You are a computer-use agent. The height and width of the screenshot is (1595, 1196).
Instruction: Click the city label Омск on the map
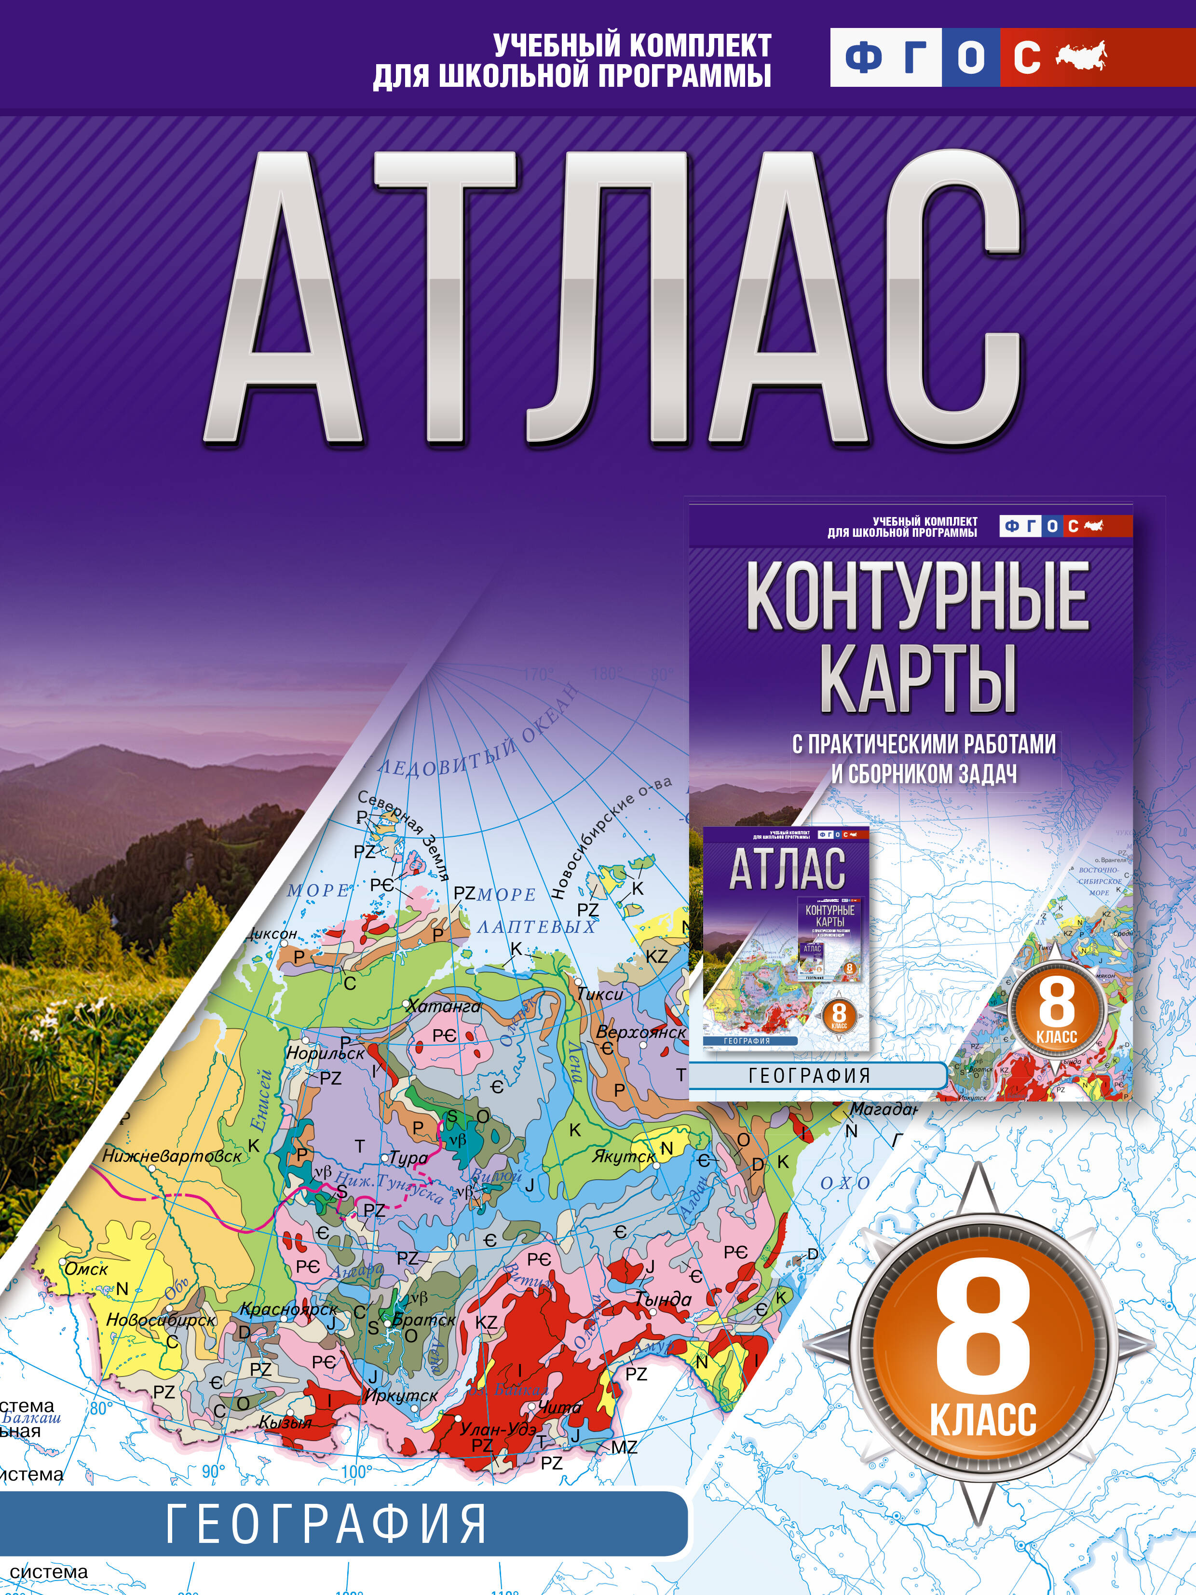[x=86, y=1268]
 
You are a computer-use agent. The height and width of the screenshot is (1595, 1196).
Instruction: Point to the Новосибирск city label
[x=161, y=1320]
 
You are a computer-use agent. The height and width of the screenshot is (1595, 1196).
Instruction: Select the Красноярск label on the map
[x=288, y=1309]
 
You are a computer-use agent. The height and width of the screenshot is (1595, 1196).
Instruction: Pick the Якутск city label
[x=623, y=1157]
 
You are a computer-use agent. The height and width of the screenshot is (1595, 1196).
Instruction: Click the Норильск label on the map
[x=325, y=1053]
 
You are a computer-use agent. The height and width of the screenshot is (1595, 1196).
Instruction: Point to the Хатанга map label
[x=443, y=1006]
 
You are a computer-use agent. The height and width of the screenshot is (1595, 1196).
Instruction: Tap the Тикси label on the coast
[x=600, y=994]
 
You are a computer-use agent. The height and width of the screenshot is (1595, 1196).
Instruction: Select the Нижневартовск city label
[x=172, y=1156]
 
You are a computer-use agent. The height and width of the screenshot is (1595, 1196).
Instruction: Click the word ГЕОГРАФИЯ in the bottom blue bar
[x=326, y=1524]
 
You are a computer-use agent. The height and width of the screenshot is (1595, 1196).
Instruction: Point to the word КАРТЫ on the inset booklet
[x=917, y=678]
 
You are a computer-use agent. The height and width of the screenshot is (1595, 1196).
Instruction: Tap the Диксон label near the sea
[x=271, y=934]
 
